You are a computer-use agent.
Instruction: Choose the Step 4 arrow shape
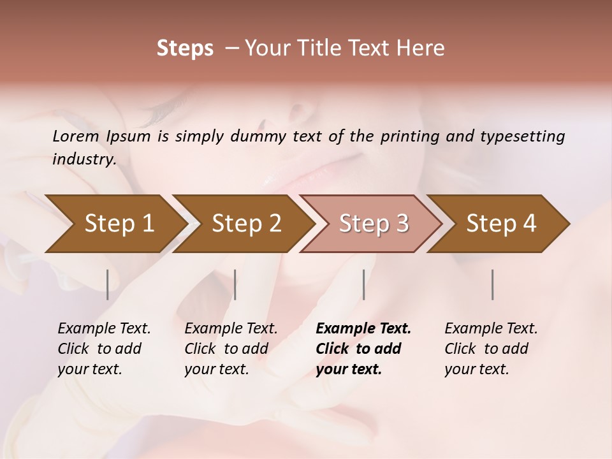coord(500,224)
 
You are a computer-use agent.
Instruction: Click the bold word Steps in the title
coord(185,48)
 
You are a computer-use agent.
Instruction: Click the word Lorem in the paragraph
coord(75,136)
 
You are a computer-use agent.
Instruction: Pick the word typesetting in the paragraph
coord(518,136)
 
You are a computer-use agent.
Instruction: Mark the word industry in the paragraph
coord(84,159)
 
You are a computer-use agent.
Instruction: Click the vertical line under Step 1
coord(107,284)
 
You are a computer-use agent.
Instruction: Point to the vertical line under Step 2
coord(235,284)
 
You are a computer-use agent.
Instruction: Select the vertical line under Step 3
coord(363,284)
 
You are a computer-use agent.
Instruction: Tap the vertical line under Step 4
coord(493,284)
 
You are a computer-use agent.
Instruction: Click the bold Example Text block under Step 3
coord(363,349)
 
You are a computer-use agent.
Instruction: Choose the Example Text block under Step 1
coord(104,349)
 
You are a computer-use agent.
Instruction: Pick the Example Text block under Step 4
coord(491,349)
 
